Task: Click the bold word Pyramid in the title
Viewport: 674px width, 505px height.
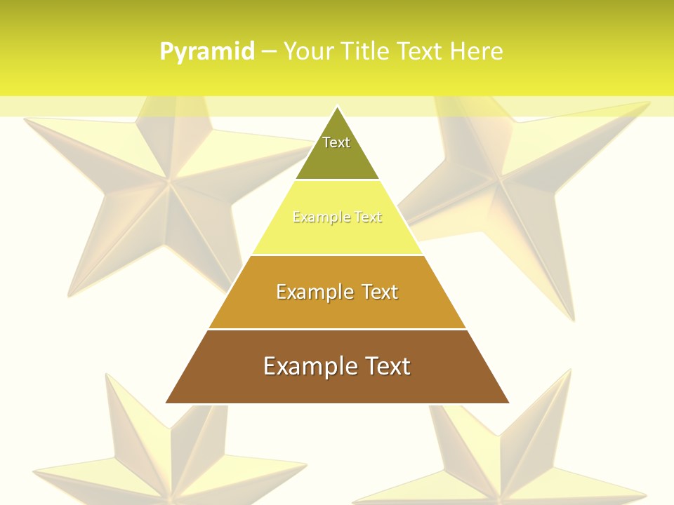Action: (207, 52)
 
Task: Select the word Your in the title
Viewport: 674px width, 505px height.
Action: (308, 52)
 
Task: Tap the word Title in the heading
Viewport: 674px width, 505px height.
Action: (364, 52)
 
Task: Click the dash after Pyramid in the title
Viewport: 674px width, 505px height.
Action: (269, 52)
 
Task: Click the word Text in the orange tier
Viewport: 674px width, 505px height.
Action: (380, 292)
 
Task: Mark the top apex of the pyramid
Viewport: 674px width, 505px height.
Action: (337, 107)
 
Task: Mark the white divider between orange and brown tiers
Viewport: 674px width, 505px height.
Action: (337, 329)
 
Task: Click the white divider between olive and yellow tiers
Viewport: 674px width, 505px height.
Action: (337, 180)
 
